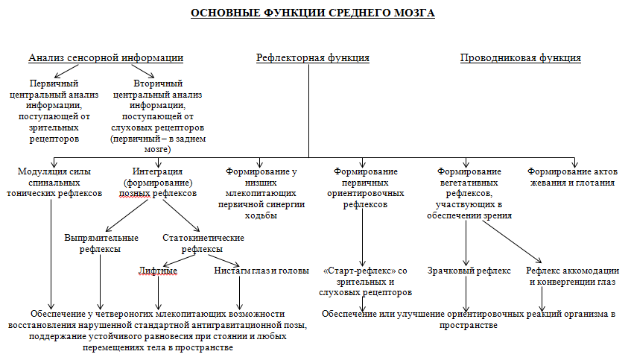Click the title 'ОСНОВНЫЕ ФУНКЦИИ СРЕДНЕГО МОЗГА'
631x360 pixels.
coord(313,13)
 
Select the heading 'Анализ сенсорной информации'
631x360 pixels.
coord(106,57)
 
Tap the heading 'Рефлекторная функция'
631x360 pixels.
coord(313,57)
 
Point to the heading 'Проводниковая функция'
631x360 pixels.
coord(520,57)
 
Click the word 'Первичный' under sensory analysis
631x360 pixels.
coord(54,83)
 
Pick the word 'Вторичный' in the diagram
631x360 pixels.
coord(157,83)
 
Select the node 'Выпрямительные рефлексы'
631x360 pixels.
coord(101,243)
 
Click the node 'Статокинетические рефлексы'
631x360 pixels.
coord(203,243)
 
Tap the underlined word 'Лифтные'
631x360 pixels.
coord(158,271)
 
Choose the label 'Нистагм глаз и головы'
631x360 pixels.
coord(261,271)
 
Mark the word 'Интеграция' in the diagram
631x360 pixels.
coord(157,171)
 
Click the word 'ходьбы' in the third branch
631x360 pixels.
coord(261,215)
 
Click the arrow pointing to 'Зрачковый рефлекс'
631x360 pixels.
coord(466,242)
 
